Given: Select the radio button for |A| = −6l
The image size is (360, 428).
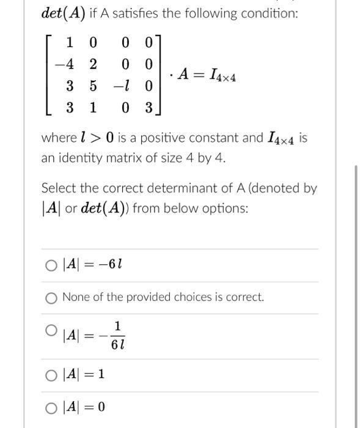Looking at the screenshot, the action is (51, 265).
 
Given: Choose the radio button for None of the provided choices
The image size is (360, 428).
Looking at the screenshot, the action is (51, 298).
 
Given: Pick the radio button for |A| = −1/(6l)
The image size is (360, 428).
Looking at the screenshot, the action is (51, 331).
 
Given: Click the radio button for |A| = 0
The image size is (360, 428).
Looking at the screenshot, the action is (51, 407).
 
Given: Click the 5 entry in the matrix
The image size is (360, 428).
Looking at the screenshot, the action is (93, 86).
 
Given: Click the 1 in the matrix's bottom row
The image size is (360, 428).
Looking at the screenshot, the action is (93, 108).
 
